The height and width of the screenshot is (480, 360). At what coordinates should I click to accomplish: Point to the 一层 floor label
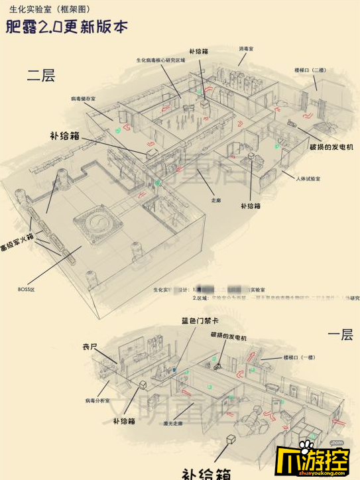click(x=340, y=335)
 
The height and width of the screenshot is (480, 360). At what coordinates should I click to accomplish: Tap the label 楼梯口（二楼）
click(x=309, y=70)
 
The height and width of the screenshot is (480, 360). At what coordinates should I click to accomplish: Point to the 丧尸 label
click(x=90, y=346)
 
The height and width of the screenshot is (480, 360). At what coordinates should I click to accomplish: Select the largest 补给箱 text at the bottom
click(x=206, y=472)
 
